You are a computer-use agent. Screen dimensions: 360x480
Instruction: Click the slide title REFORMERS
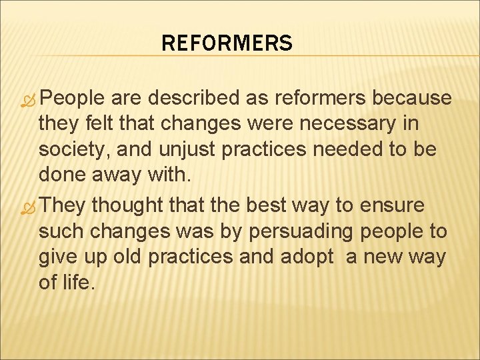227,44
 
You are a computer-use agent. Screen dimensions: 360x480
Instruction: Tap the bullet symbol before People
30,98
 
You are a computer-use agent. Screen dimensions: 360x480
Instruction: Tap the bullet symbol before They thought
30,206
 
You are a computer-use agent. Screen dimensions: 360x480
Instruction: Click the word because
412,98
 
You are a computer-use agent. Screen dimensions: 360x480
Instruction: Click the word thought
125,206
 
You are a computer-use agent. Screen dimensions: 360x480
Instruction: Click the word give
59,257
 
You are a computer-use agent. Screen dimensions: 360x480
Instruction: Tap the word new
379,257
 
